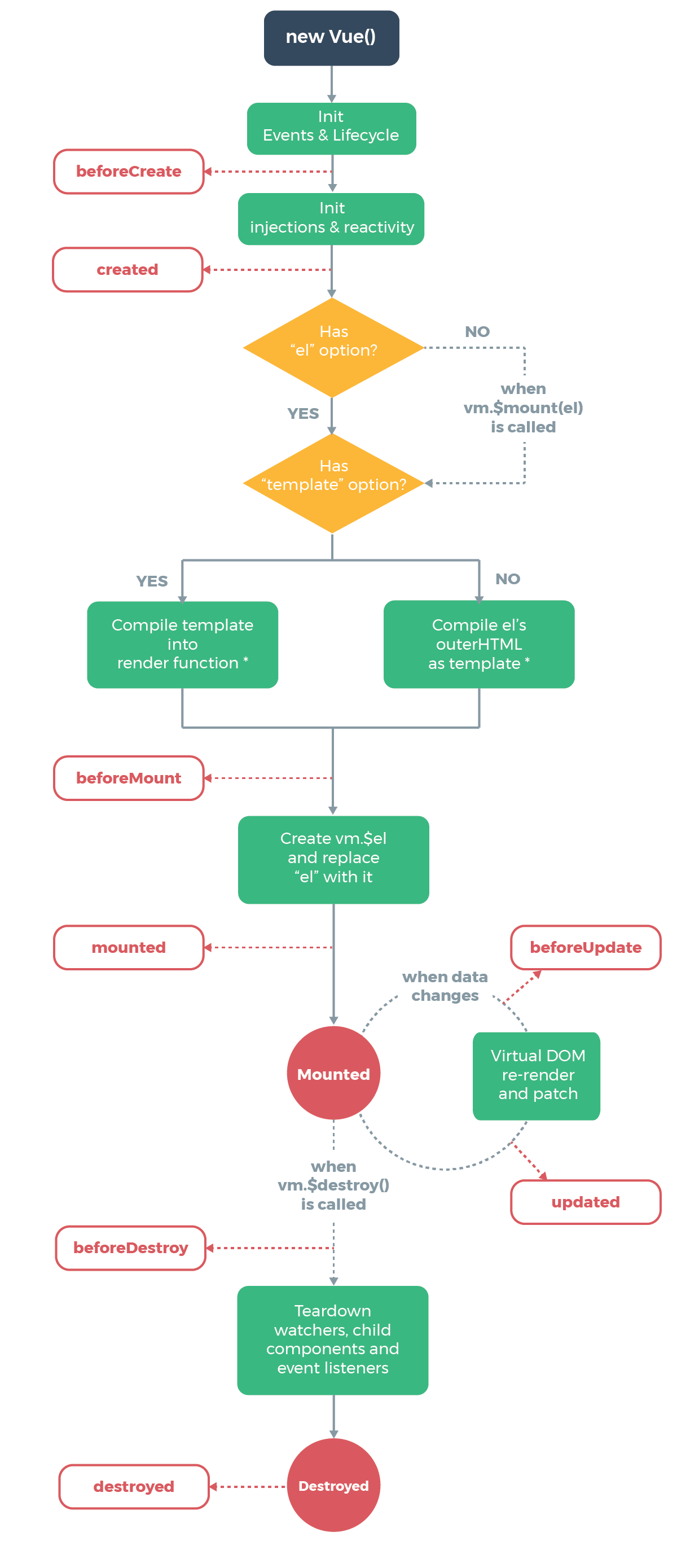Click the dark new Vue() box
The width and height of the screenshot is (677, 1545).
[x=331, y=37]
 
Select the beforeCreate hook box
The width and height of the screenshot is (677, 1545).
[x=128, y=172]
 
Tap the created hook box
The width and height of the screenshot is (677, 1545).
[x=127, y=269]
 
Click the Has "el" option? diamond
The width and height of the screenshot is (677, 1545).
[x=333, y=348]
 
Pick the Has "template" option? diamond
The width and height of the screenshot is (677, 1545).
[x=333, y=482]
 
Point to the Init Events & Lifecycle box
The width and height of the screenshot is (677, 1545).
[x=331, y=128]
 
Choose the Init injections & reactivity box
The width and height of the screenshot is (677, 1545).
[x=331, y=218]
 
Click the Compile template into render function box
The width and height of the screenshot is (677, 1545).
[x=182, y=644]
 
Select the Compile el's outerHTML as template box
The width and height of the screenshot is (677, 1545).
[x=478, y=644]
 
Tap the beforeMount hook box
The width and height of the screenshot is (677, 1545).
[x=128, y=778]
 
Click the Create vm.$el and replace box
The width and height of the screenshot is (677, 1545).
[x=333, y=859]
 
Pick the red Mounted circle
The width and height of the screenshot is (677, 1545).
[x=333, y=1073]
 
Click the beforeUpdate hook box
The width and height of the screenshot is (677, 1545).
[x=585, y=947]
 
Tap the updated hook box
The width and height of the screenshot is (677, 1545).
[x=585, y=1201]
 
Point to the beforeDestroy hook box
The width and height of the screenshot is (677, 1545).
[x=130, y=1248]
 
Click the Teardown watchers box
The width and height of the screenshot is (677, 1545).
[x=332, y=1340]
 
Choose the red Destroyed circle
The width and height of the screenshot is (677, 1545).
[x=333, y=1485]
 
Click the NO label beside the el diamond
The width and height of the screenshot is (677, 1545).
[x=477, y=332]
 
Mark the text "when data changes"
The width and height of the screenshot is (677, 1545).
[x=445, y=986]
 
